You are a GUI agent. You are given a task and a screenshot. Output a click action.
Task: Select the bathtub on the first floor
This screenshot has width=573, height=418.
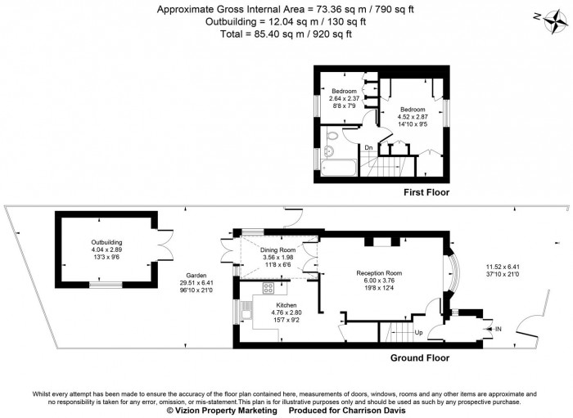pyautogui.click(x=337, y=169)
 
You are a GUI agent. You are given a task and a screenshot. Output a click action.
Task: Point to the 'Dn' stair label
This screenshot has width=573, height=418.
pyautogui.click(x=369, y=148)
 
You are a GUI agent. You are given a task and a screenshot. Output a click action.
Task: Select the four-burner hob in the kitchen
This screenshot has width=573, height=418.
pyautogui.click(x=268, y=287)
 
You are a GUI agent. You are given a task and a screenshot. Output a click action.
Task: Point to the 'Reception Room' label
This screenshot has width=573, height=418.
pyautogui.click(x=379, y=273)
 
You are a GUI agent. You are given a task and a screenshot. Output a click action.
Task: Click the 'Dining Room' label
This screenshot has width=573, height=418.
pyautogui.click(x=278, y=250)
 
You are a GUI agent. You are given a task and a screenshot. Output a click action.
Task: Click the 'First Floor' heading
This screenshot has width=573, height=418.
pyautogui.click(x=426, y=192)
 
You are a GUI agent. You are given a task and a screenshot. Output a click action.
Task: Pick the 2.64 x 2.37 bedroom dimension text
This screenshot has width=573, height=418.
pyautogui.click(x=344, y=99)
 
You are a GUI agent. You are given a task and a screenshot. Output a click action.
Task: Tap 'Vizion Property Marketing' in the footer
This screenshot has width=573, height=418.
pyautogui.click(x=221, y=411)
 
